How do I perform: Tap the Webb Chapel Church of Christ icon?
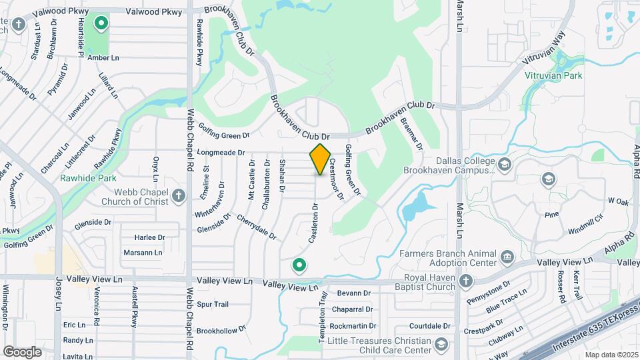[x=178, y=195]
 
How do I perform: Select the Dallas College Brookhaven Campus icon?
[x=505, y=165]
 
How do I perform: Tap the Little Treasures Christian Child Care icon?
[x=440, y=344]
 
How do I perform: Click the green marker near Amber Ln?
[x=101, y=25]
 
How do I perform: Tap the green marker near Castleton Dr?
[x=299, y=266]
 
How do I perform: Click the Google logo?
[x=22, y=351]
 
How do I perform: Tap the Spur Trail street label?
[x=213, y=304]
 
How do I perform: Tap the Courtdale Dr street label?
[x=430, y=326]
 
